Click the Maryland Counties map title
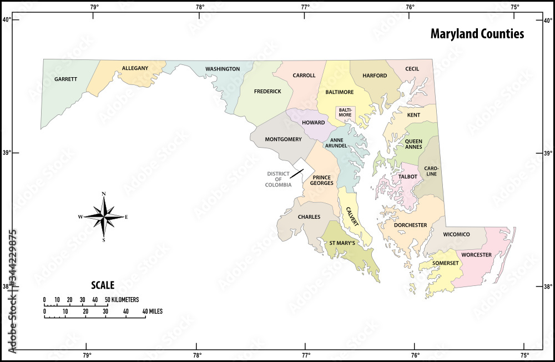point(477,34)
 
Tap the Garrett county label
point(65,79)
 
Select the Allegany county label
point(135,68)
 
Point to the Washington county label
point(223,69)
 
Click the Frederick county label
point(268,91)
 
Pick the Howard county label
point(314,122)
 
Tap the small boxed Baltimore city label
point(345,112)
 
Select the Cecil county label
point(412,69)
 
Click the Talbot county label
point(407,177)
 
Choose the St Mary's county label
point(342,243)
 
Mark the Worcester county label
point(476,255)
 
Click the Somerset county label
point(446,263)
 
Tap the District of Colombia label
point(278,179)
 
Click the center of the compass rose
point(104,217)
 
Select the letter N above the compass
point(104,194)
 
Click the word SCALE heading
point(103,285)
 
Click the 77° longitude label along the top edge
point(305,7)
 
